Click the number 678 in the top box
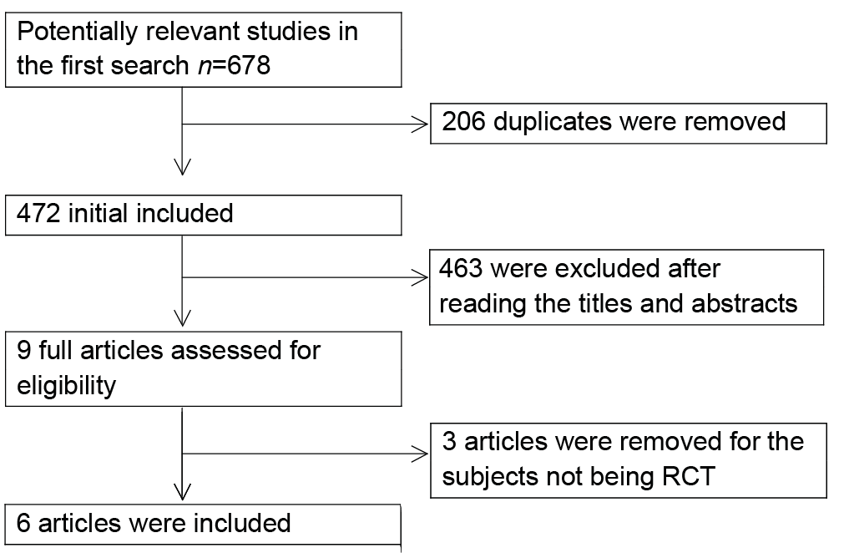pyautogui.click(x=249, y=66)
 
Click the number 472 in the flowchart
pyautogui.click(x=38, y=213)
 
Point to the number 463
pyautogui.click(x=461, y=268)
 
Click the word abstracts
pyautogui.click(x=744, y=303)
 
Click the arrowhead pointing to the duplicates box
pyautogui.click(x=420, y=124)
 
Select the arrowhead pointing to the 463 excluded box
pyautogui.click(x=420, y=278)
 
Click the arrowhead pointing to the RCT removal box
pyautogui.click(x=420, y=454)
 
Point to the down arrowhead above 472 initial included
pyautogui.click(x=183, y=167)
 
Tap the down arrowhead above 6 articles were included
pyautogui.click(x=183, y=492)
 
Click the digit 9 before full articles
pyautogui.click(x=23, y=350)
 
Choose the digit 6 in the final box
pyautogui.click(x=23, y=524)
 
